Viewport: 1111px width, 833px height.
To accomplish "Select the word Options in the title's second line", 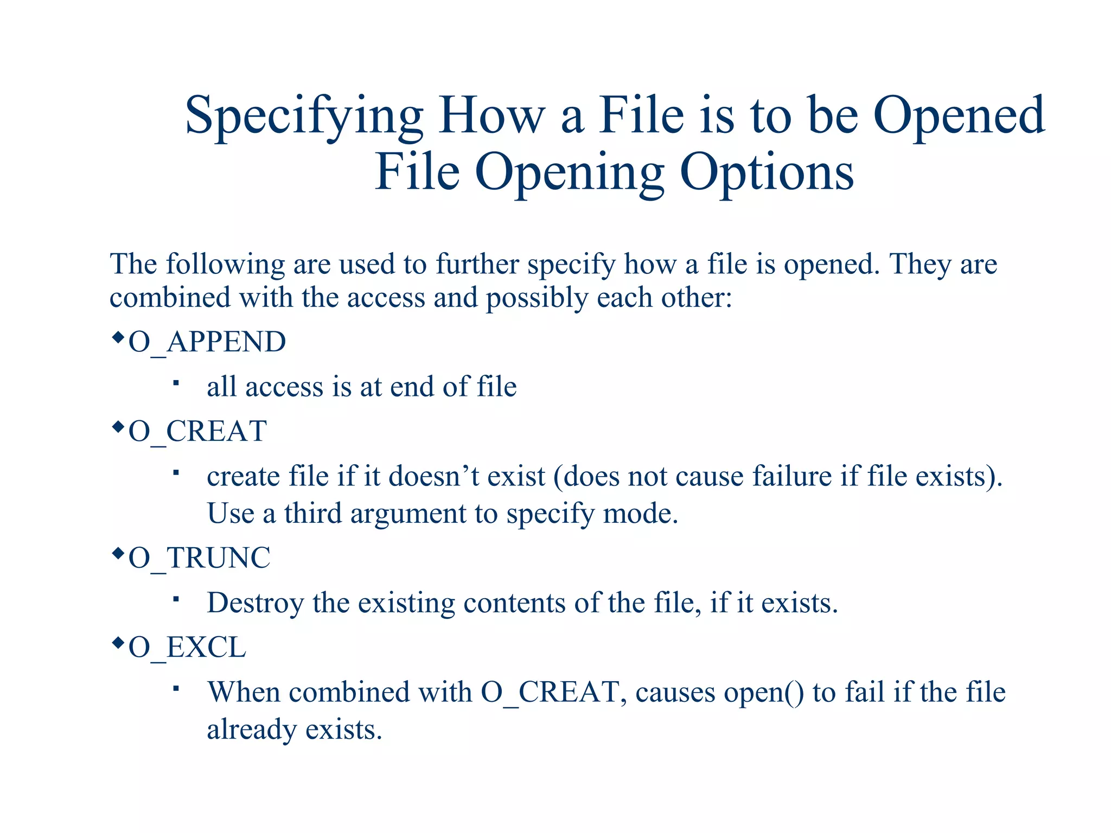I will tap(767, 172).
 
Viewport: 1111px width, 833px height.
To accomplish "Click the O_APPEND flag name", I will tap(207, 342).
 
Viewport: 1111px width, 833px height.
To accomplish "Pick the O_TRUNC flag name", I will tap(199, 558).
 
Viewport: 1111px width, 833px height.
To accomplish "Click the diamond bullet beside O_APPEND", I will tap(118, 338).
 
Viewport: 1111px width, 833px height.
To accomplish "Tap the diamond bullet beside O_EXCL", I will tap(118, 643).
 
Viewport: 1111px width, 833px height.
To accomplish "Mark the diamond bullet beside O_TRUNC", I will tap(118, 554).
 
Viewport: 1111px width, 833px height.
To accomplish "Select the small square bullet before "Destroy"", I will tap(176, 599).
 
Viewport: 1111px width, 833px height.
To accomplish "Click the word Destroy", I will tap(255, 603).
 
